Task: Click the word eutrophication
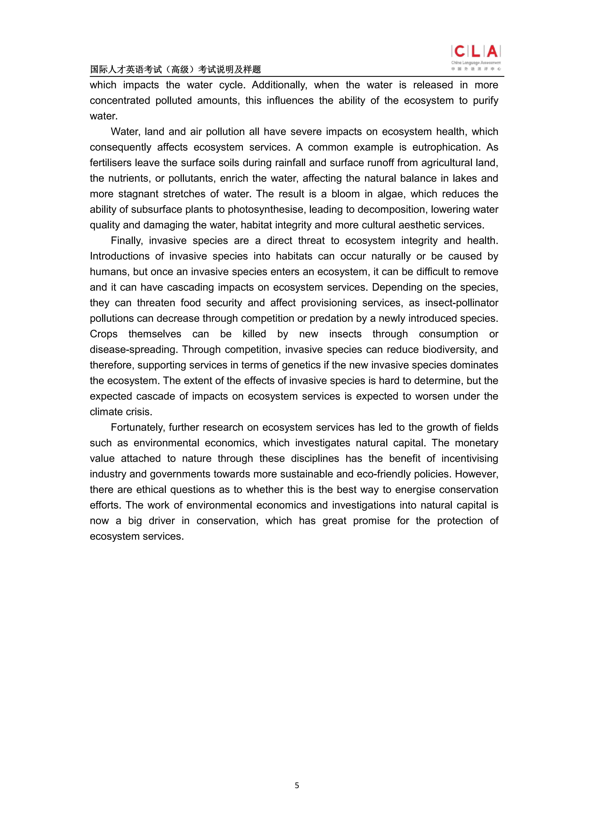coord(446,147)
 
